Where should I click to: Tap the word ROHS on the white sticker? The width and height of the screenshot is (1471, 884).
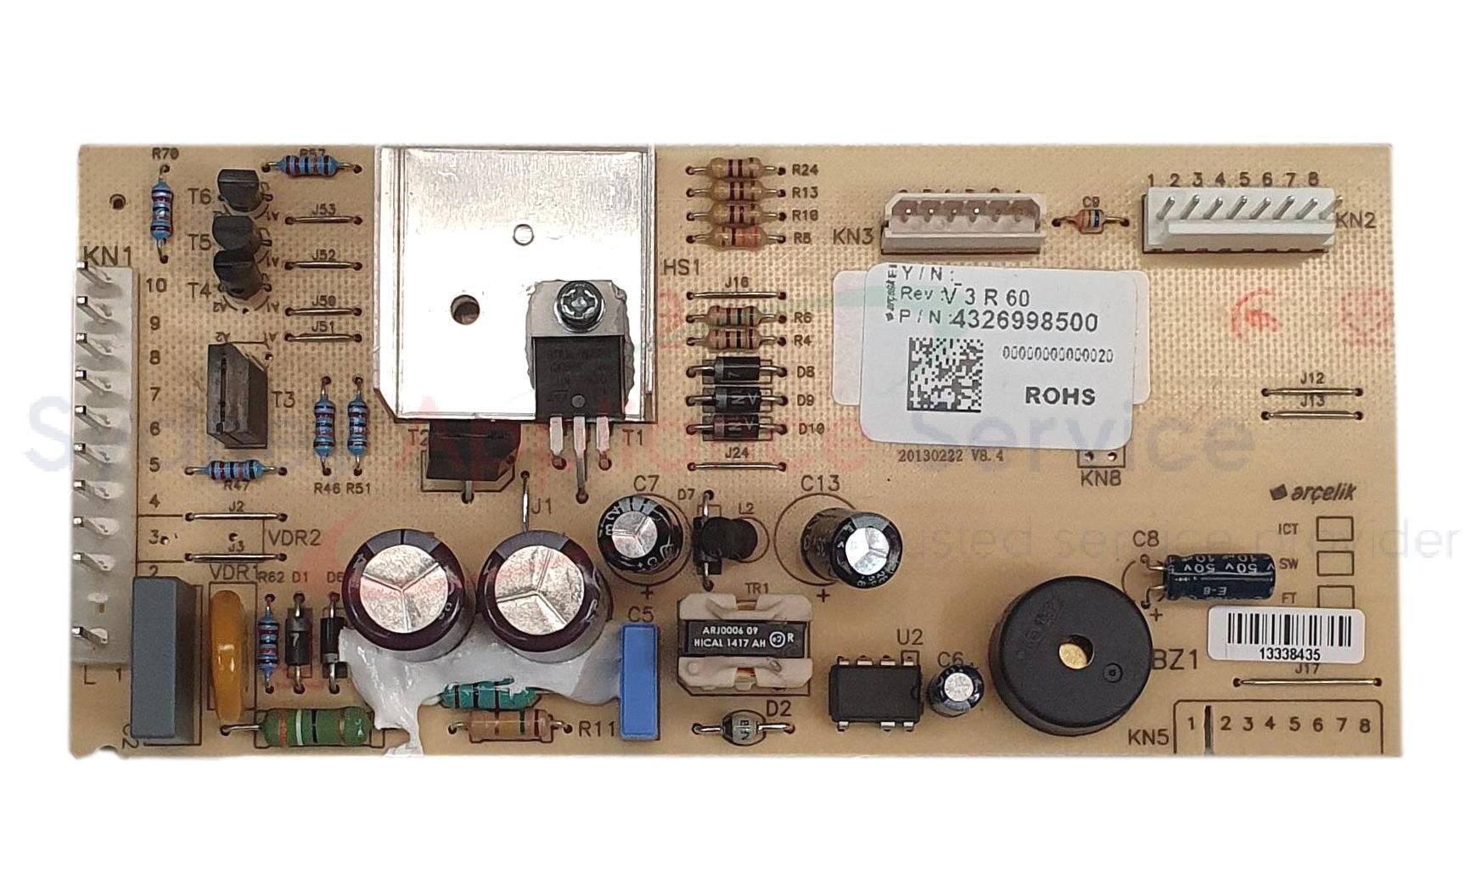1059,395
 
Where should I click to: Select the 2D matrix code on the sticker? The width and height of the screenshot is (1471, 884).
945,374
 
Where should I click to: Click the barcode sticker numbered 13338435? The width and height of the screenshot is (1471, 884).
1284,635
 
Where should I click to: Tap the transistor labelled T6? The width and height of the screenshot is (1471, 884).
239,190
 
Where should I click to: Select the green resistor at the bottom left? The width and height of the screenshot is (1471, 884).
314,726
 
